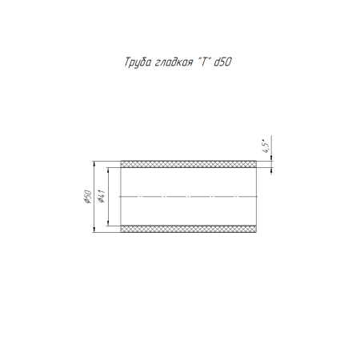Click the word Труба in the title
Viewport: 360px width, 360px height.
(x=138, y=62)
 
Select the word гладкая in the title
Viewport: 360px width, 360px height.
(x=174, y=62)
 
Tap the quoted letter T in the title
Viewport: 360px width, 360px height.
(x=204, y=62)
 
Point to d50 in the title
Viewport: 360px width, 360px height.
(x=223, y=62)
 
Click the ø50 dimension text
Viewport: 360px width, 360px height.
(x=88, y=197)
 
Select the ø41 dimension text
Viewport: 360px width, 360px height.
(x=102, y=196)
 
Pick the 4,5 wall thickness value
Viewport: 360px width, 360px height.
(x=266, y=146)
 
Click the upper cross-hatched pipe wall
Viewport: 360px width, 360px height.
(x=188, y=164)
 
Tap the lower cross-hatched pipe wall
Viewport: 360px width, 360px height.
(x=188, y=229)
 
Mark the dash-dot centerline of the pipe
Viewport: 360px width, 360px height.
(x=188, y=197)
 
